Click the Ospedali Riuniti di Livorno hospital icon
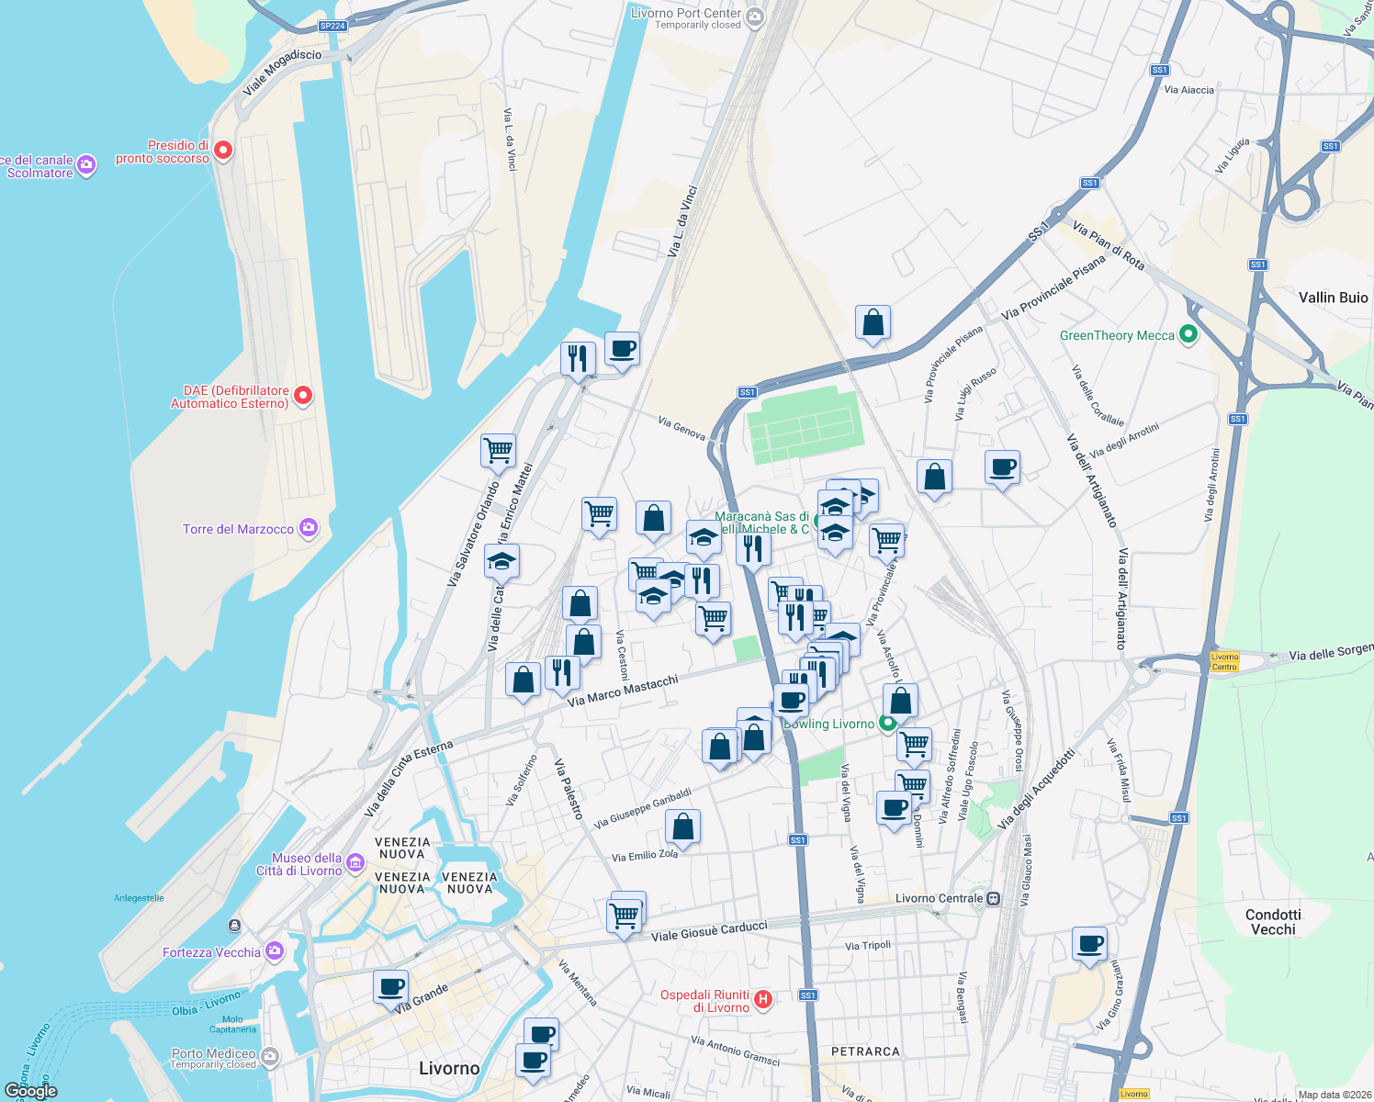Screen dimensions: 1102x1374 point(762,999)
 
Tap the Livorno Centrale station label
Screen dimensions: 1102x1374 point(939,898)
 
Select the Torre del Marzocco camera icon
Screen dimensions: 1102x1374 point(308,528)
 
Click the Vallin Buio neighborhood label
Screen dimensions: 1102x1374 point(1333,298)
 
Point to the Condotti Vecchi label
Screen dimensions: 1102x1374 point(1273,922)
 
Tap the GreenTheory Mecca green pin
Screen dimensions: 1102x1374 point(1188,335)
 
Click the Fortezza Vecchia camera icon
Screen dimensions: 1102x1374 point(274,951)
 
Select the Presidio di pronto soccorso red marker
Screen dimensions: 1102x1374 point(222,151)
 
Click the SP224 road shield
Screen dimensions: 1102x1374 point(332,26)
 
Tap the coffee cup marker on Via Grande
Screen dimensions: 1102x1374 point(390,987)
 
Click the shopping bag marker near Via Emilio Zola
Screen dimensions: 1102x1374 point(682,827)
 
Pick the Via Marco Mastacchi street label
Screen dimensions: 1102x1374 point(623,691)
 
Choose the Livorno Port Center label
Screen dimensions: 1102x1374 point(685,13)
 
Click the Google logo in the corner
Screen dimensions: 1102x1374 point(30,1090)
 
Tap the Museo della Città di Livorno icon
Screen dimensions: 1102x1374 point(355,864)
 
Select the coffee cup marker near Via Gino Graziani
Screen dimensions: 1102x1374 point(1089,944)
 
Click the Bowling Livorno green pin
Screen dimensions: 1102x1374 point(887,723)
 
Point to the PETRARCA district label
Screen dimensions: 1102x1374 point(865,1051)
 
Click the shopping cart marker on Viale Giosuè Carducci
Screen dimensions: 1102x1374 point(625,915)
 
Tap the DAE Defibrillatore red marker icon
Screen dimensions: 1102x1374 point(302,396)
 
